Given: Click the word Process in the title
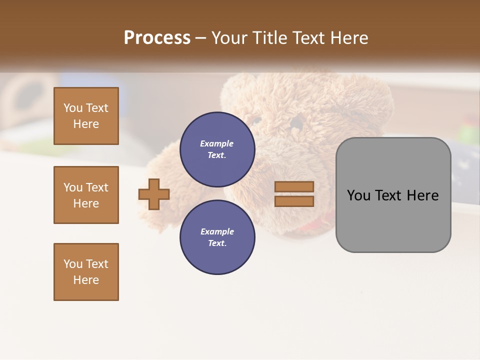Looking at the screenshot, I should [157, 38].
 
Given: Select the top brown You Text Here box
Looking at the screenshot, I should [86, 116].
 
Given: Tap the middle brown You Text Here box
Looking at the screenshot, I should [86, 195].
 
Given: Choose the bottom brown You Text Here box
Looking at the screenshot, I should [86, 272].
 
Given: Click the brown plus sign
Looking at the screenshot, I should [154, 194].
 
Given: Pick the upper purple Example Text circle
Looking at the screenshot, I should [217, 149].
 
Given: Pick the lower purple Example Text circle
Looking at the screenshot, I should [217, 237].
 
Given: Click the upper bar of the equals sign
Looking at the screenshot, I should [294, 187].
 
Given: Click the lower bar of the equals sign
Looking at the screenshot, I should [294, 201].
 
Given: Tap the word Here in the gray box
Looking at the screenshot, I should [422, 195].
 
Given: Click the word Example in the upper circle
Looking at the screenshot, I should [217, 143].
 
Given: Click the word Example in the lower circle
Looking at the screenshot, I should [217, 231].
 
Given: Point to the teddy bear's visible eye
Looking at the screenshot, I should [256, 120].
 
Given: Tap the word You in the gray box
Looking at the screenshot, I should [359, 195].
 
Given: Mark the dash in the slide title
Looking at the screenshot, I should [200, 38].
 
